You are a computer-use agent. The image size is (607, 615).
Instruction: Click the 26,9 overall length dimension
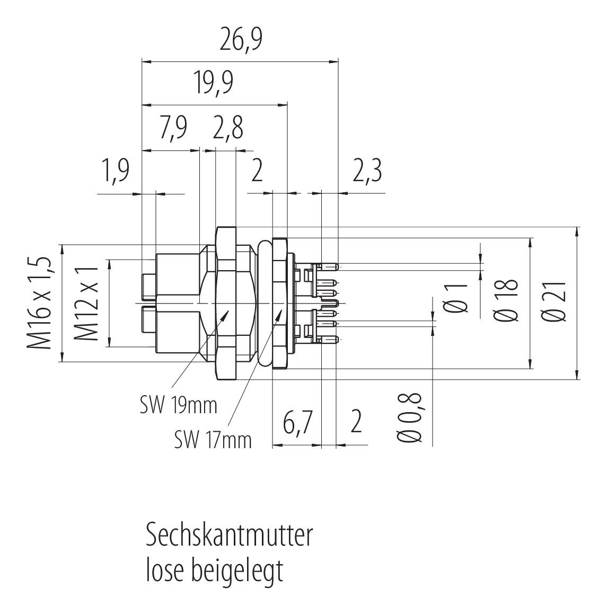(241, 41)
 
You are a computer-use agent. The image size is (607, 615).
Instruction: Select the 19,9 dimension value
(214, 83)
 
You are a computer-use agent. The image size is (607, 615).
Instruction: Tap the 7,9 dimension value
(172, 128)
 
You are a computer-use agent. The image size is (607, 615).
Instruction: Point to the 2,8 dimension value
(229, 128)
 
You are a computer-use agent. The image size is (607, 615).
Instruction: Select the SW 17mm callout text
(213, 439)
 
